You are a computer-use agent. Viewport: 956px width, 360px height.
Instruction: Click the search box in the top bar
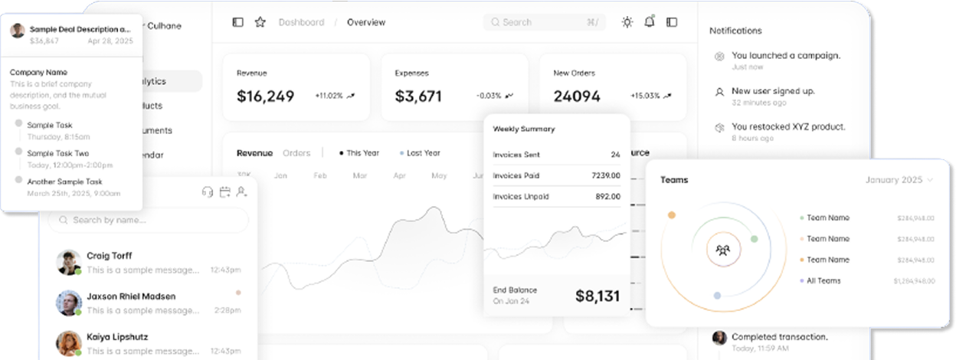[x=544, y=22]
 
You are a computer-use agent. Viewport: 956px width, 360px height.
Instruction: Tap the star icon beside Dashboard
[x=260, y=22]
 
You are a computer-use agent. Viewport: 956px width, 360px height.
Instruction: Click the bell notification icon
[x=650, y=21]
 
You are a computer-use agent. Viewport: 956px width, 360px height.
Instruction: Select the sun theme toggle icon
[x=627, y=22]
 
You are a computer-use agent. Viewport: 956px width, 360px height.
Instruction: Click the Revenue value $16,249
[x=265, y=97]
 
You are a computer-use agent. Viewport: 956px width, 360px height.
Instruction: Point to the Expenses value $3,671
[x=418, y=97]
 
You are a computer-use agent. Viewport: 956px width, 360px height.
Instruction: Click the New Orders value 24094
[x=577, y=97]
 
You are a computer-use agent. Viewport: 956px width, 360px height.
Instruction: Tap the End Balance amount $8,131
[x=597, y=296]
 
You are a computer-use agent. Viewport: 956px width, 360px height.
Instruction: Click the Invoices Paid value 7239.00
[x=606, y=175]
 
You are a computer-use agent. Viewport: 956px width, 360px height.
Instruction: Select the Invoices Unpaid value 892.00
[x=607, y=196]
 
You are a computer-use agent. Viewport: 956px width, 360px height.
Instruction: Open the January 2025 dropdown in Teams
[x=899, y=180]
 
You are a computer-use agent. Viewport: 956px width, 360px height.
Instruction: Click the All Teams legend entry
[x=823, y=281]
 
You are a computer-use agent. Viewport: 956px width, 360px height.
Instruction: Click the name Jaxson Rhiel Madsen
[x=131, y=296]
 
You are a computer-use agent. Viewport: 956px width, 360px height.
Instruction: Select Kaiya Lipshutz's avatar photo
[x=68, y=343]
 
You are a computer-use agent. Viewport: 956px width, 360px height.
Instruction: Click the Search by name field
[x=149, y=221]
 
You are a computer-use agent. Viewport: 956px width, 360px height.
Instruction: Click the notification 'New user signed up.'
[x=772, y=91]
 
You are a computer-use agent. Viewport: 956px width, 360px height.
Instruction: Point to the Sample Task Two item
[x=58, y=153]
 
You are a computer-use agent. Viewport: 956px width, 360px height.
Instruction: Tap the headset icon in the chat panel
[x=207, y=192]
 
